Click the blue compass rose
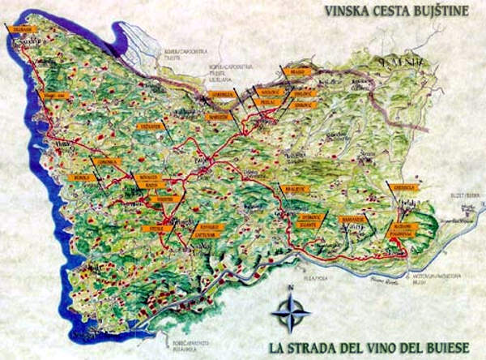[x=290, y=311]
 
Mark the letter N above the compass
[x=290, y=288]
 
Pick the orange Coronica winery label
[x=107, y=161]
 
